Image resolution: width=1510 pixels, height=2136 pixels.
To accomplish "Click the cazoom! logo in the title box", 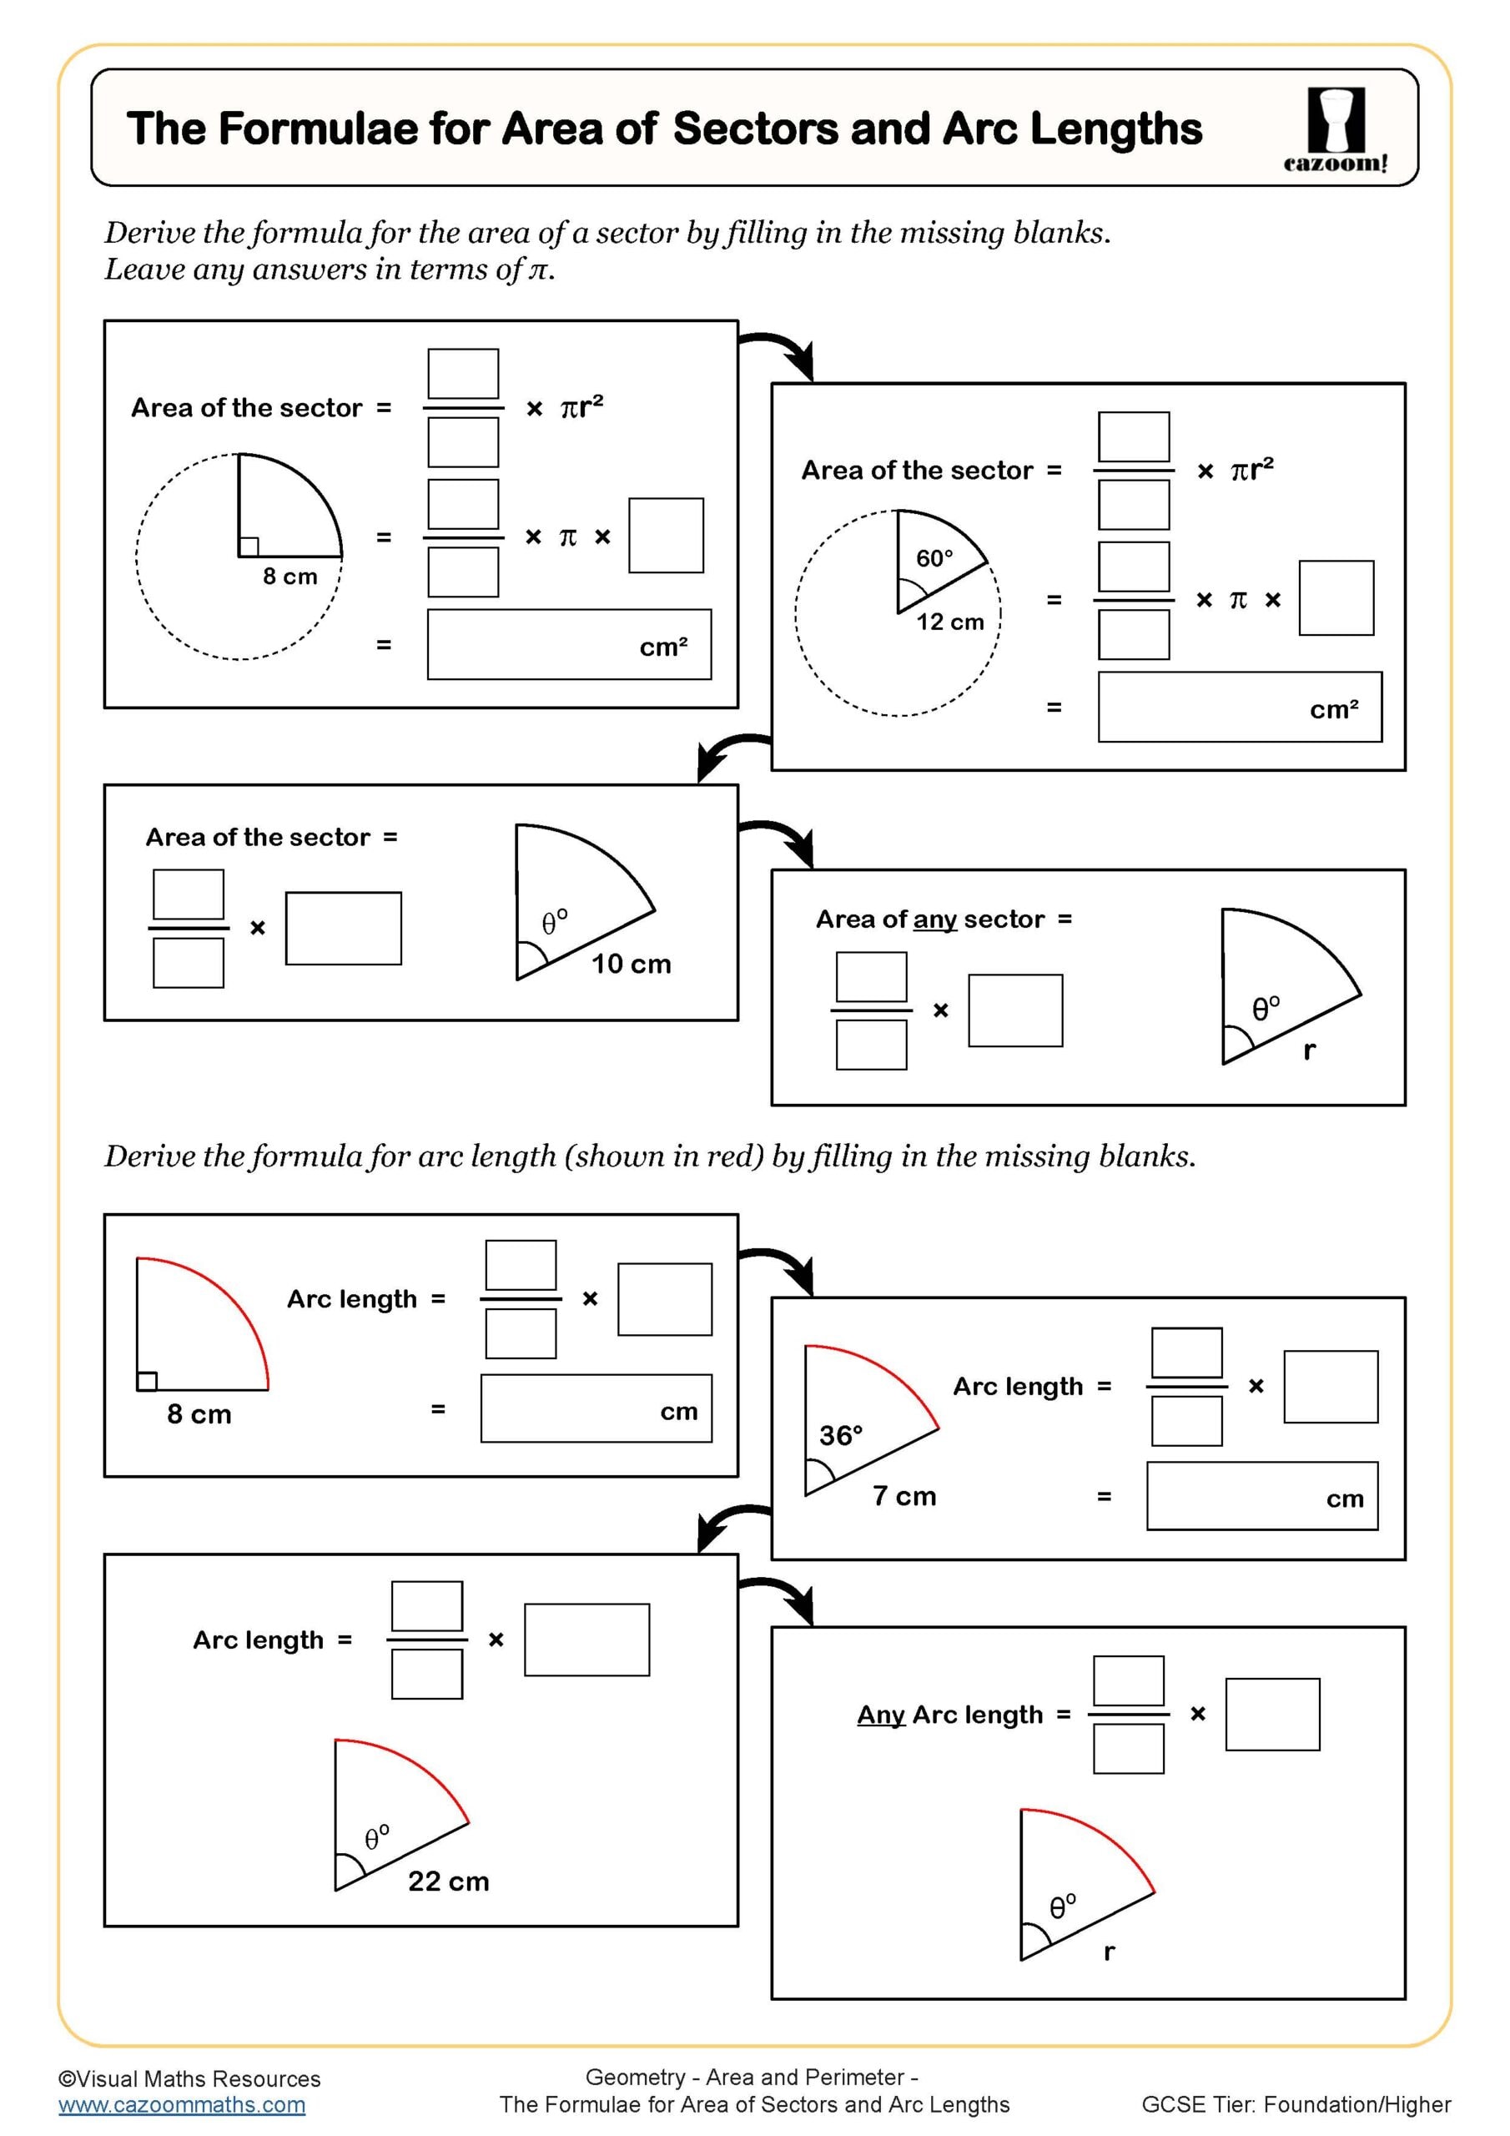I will point(1335,129).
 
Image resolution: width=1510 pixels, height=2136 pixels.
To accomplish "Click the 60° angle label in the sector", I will point(934,558).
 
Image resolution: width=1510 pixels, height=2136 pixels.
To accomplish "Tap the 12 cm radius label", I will point(950,622).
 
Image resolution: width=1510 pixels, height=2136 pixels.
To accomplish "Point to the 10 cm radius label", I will point(631,964).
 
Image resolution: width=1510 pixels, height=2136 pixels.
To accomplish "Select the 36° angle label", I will point(841,1435).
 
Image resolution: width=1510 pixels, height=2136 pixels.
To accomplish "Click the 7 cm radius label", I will point(904,1496).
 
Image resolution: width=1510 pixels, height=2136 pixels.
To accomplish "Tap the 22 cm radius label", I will point(449,1881).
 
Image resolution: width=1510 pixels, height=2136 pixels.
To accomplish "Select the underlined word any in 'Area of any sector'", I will point(934,919).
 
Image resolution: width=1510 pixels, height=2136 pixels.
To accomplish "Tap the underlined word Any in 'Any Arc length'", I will point(880,1715).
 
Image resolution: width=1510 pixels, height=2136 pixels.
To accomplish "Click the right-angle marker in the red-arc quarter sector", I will point(147,1382).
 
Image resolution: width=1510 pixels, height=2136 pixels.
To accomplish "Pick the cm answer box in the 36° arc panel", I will point(1261,1497).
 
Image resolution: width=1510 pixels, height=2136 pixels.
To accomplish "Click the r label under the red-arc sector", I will point(1109,1952).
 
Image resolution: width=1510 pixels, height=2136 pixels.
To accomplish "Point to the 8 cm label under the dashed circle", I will point(289,577).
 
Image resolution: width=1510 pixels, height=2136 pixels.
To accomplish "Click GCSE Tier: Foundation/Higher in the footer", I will point(1295,2105).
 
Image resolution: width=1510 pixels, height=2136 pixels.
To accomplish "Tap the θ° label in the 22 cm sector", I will point(376,1837).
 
